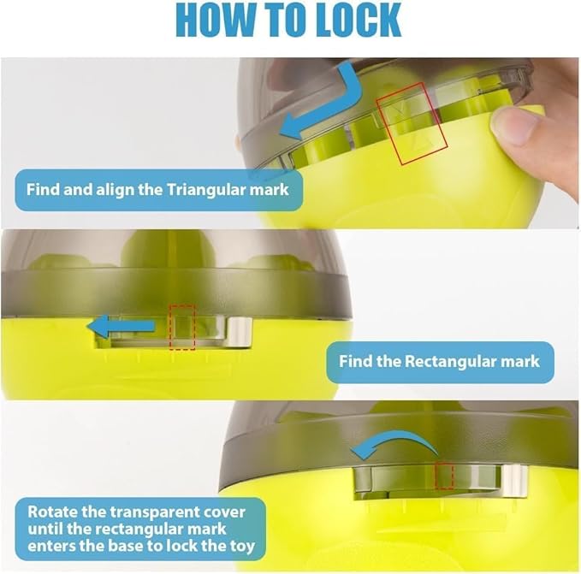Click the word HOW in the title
(216, 20)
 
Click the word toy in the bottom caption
(242, 547)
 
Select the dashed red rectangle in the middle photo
(169, 328)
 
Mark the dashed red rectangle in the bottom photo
(436, 476)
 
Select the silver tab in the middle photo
(240, 332)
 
